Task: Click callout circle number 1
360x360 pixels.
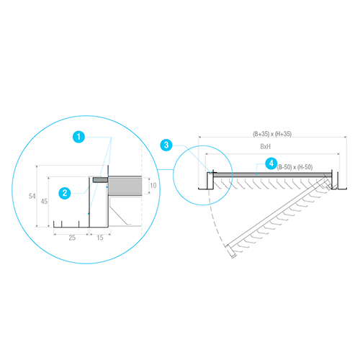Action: point(78,137)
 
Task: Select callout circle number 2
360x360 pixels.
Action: point(65,193)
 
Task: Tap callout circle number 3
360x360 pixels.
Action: point(166,145)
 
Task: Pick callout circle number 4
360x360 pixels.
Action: point(271,163)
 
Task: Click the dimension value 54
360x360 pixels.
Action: point(32,196)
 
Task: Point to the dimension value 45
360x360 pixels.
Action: point(44,201)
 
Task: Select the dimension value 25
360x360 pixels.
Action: point(72,238)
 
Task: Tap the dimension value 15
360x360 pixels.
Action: point(100,238)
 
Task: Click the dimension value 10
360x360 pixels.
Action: point(153,185)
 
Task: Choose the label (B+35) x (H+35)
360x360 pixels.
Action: point(272,134)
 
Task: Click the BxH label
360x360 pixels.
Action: point(266,146)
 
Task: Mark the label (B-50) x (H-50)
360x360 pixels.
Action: point(295,167)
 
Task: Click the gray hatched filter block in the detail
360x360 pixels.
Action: point(125,186)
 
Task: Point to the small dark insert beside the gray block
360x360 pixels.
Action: point(100,180)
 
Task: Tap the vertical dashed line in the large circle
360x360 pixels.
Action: point(142,190)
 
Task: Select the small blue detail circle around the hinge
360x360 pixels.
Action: point(203,175)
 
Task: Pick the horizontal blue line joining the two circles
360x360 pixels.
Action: point(166,170)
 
